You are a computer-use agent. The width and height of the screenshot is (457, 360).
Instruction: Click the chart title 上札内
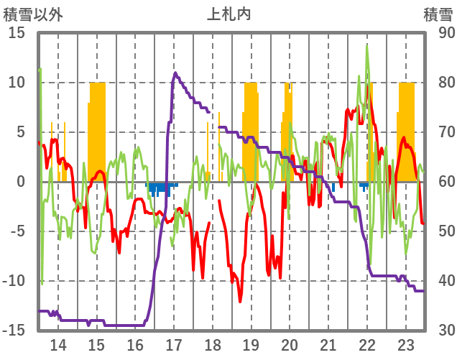(228, 13)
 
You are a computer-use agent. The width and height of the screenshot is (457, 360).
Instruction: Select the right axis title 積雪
(436, 13)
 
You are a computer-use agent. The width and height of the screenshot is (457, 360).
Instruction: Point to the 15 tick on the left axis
(17, 33)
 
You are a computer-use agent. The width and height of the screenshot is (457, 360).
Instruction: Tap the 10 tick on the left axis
(17, 83)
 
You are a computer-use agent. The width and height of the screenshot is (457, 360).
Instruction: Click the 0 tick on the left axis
(21, 182)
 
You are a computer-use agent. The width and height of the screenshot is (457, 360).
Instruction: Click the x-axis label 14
(58, 343)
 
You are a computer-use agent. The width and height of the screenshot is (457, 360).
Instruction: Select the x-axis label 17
(174, 343)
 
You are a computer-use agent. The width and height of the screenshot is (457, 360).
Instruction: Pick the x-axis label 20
(290, 343)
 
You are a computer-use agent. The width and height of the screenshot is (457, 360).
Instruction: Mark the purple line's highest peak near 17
(175, 73)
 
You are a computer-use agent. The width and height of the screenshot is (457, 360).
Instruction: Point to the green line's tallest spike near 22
(367, 46)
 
